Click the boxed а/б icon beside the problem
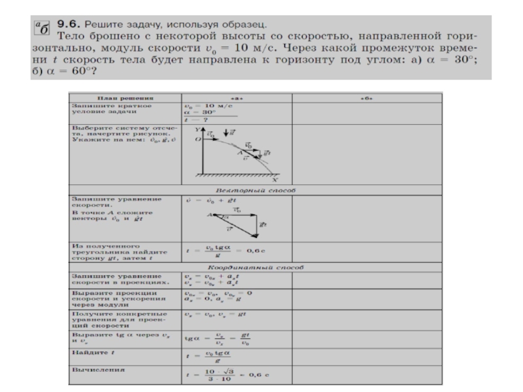tap(42, 27)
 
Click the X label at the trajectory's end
tap(275, 178)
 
